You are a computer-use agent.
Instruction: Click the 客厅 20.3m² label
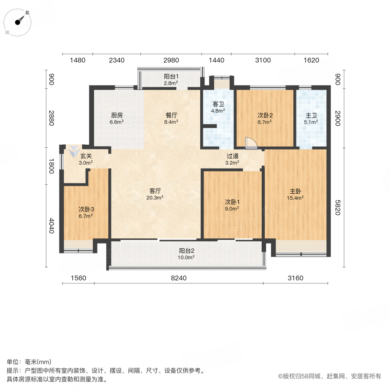pyautogui.click(x=156, y=194)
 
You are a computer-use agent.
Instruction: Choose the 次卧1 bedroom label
pyautogui.click(x=232, y=205)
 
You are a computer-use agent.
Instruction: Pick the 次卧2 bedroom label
pyautogui.click(x=265, y=118)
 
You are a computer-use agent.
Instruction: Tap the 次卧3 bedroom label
pyautogui.click(x=86, y=212)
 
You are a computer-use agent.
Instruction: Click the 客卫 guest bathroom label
pyautogui.click(x=218, y=107)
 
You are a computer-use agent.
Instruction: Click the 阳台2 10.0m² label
pyautogui.click(x=187, y=253)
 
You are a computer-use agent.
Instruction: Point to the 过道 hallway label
pyautogui.click(x=232, y=159)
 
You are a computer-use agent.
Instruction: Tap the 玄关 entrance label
pyautogui.click(x=86, y=159)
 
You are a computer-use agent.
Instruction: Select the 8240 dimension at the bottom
pyautogui.click(x=179, y=278)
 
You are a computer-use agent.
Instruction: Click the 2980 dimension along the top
pyautogui.click(x=171, y=60)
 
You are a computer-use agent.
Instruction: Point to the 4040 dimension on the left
pyautogui.click(x=52, y=225)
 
